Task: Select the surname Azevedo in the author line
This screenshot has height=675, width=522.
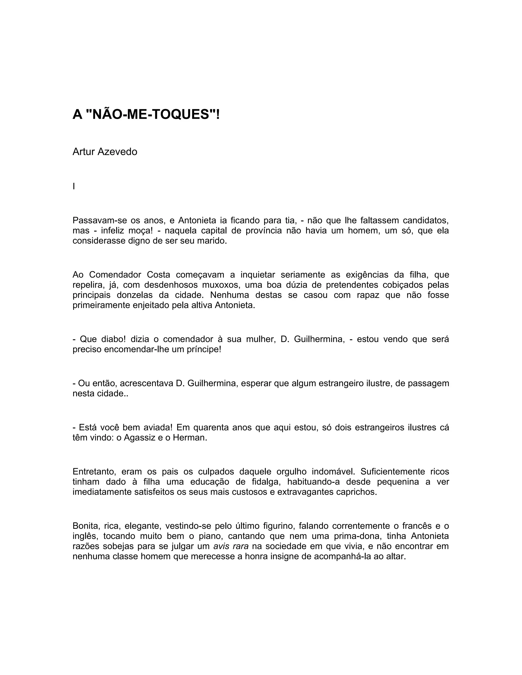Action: click(118, 152)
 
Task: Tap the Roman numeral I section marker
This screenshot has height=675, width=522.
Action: click(74, 186)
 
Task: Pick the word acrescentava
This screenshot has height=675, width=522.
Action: click(146, 383)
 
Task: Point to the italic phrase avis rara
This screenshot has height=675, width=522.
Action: click(231, 546)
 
